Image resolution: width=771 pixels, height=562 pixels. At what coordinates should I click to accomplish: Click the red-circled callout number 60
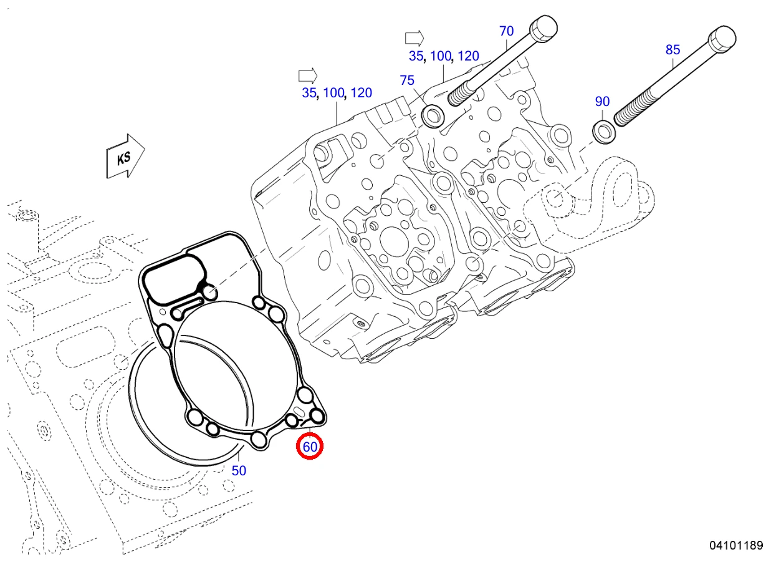[310, 447]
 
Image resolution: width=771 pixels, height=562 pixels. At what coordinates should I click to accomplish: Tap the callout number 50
[239, 471]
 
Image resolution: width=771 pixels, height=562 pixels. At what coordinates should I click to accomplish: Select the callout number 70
[506, 31]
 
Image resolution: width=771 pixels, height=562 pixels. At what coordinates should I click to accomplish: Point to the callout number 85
[673, 50]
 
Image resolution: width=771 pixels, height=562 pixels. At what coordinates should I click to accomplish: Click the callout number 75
[407, 80]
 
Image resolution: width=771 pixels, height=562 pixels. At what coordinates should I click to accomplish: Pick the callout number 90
[602, 102]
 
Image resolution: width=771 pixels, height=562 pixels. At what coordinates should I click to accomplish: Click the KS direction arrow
[125, 157]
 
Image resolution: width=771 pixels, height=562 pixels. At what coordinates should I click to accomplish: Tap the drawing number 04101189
[736, 545]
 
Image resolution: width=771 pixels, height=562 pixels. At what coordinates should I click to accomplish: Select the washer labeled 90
[605, 132]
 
